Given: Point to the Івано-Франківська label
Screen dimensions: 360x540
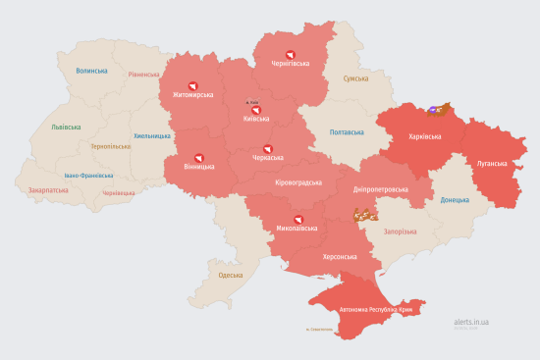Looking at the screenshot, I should click(x=87, y=176).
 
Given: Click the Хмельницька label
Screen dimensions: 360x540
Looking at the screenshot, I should click(x=151, y=135).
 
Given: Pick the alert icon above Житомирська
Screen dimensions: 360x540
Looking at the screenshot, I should click(x=192, y=85).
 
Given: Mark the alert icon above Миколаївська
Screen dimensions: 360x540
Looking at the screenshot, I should click(x=292, y=219).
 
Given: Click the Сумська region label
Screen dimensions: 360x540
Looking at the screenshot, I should click(x=355, y=78).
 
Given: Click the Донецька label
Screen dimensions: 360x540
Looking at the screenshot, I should click(x=455, y=200).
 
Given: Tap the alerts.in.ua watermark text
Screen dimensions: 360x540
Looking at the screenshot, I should click(x=472, y=321).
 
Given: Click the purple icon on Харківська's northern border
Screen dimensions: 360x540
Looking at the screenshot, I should click(x=433, y=110).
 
